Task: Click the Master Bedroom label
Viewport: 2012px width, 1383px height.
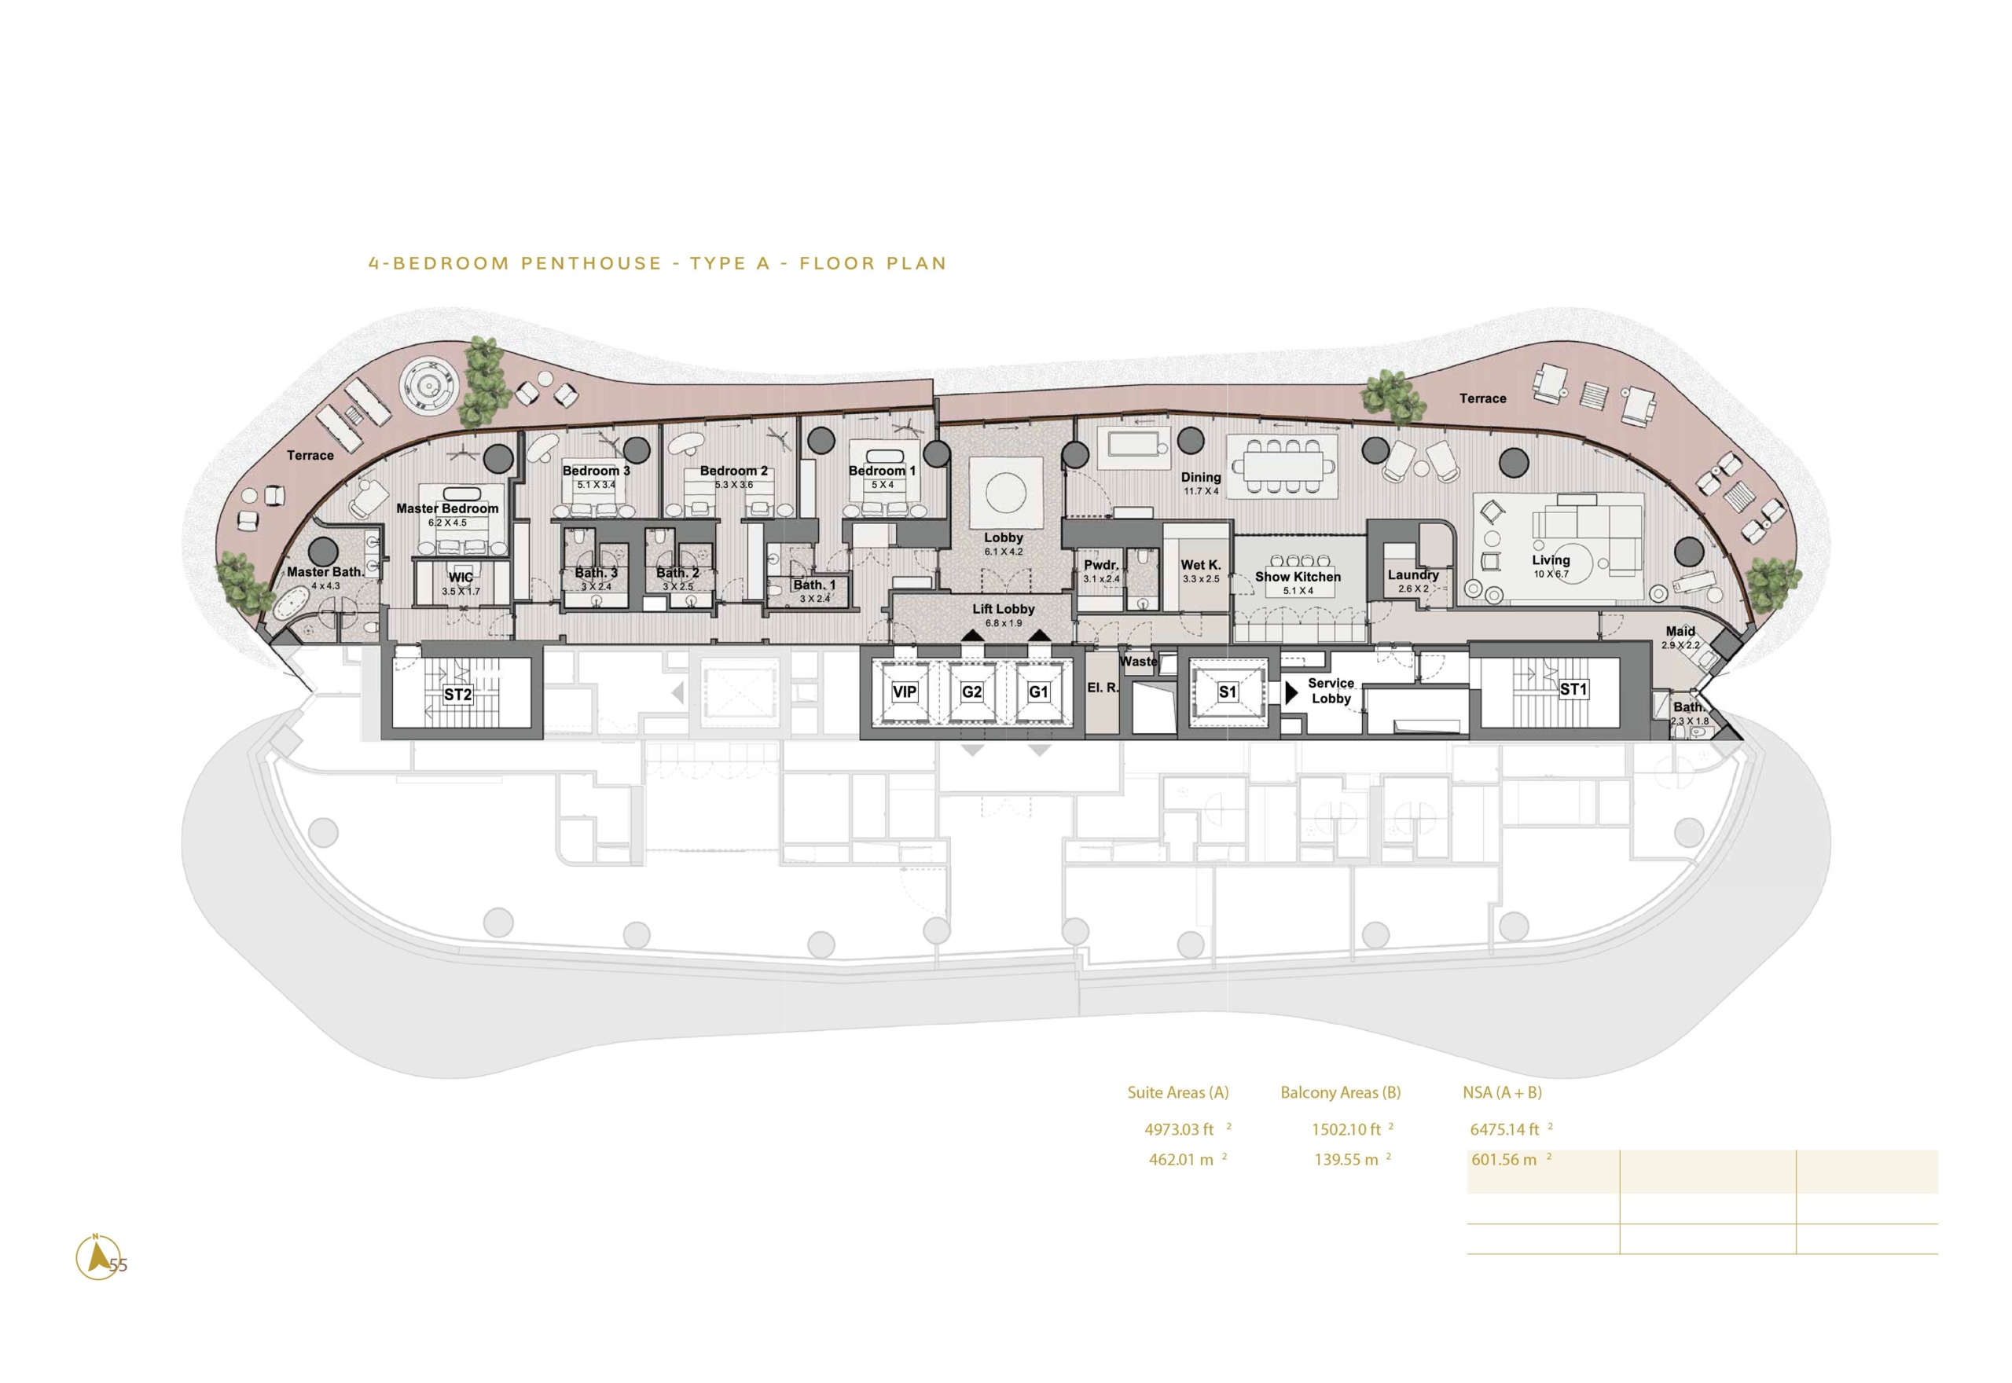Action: point(447,508)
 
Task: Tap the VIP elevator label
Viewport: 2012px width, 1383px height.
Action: point(904,691)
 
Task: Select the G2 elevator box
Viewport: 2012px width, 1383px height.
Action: point(971,691)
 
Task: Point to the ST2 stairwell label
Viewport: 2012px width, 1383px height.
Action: point(457,694)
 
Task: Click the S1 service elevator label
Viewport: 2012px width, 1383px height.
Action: point(1227,691)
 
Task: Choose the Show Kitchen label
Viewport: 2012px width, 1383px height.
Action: point(1297,576)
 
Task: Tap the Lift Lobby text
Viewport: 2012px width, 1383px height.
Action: point(1003,609)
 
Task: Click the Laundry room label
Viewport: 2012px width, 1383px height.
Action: point(1412,574)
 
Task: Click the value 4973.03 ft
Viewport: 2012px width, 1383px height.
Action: point(1178,1129)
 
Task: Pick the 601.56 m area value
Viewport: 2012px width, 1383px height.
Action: point(1503,1159)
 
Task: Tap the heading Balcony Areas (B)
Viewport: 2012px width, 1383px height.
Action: point(1341,1093)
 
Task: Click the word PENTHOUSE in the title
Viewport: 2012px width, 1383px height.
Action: point(592,263)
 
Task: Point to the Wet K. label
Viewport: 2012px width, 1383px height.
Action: point(1200,565)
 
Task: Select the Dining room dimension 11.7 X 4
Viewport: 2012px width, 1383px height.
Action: point(1201,491)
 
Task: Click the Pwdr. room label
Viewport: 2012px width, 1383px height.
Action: point(1100,565)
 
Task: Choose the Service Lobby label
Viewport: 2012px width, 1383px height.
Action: point(1331,691)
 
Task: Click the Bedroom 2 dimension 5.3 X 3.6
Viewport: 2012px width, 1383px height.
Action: point(734,484)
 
